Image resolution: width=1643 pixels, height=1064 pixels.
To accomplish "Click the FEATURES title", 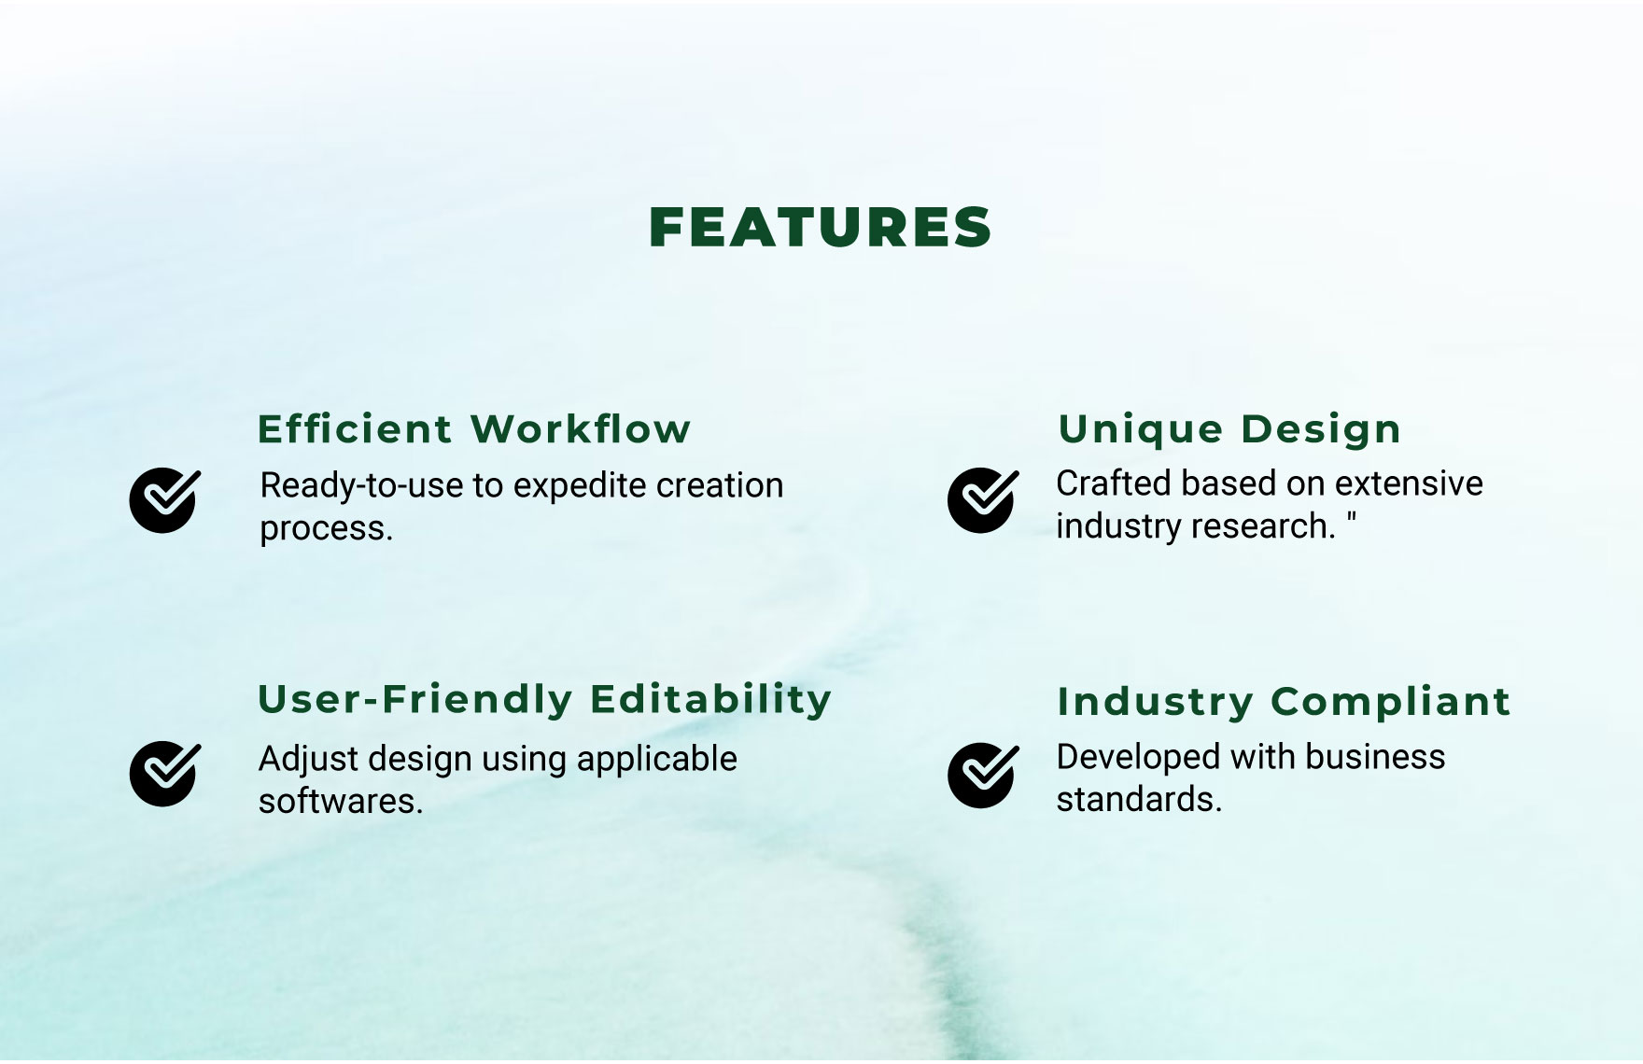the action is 820,228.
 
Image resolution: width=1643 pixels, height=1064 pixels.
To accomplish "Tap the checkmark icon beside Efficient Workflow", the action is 164,499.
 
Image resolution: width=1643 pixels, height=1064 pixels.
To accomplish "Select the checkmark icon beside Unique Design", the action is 983,499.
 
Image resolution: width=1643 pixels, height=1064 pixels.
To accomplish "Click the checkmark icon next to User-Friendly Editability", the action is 164,773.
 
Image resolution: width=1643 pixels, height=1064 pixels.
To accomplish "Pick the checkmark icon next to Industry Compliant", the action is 983,775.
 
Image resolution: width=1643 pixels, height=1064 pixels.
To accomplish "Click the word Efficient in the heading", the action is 355,429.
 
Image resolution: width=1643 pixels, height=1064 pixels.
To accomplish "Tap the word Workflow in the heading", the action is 581,429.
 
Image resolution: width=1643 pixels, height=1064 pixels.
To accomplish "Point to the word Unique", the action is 1141,430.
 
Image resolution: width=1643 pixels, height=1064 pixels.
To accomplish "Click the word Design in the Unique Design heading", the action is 1322,430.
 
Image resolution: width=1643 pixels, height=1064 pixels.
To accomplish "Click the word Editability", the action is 710,699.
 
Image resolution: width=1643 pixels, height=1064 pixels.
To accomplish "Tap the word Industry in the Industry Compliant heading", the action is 1155,702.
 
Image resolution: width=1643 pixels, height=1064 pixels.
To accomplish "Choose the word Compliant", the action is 1391,702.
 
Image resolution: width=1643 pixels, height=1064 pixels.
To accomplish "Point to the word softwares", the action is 341,802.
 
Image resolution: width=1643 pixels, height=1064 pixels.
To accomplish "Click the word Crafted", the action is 1114,483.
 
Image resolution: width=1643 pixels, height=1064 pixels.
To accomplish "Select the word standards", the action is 1139,800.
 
